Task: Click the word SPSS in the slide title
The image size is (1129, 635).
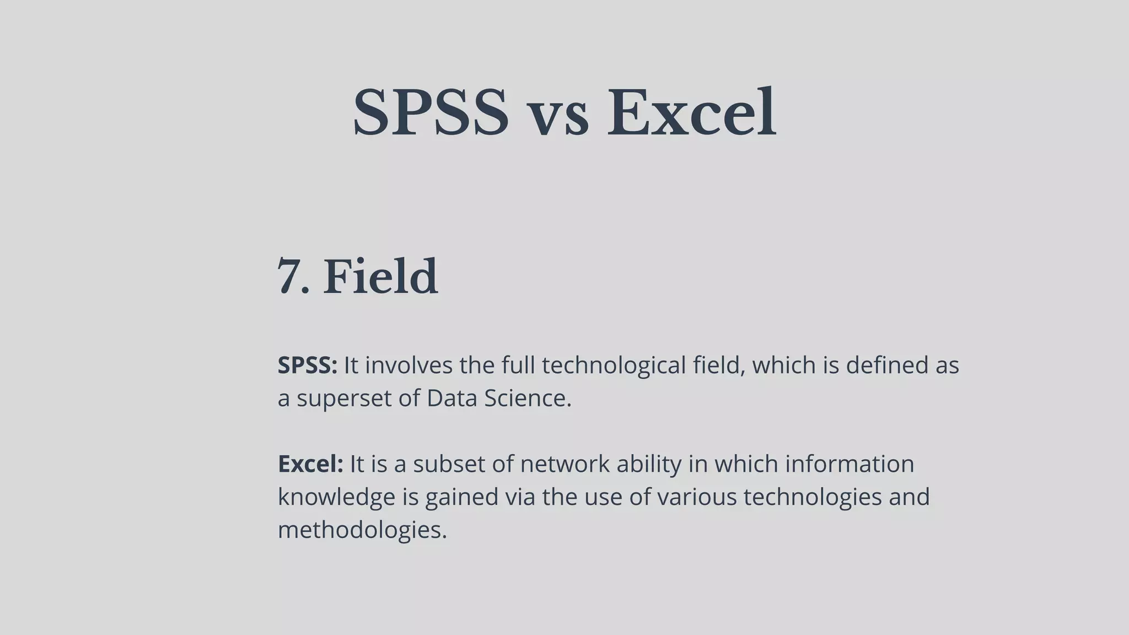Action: [431, 113]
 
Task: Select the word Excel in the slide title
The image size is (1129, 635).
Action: [691, 113]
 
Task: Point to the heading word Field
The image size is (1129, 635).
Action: [380, 277]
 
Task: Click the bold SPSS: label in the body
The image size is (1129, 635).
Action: [307, 365]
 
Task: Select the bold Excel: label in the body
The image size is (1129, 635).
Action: [310, 464]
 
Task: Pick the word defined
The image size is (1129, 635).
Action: [886, 365]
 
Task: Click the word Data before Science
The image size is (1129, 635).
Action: [452, 398]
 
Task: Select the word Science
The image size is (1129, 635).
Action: [528, 398]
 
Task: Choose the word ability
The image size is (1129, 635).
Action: [649, 465]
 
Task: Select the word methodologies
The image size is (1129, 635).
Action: [362, 530]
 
